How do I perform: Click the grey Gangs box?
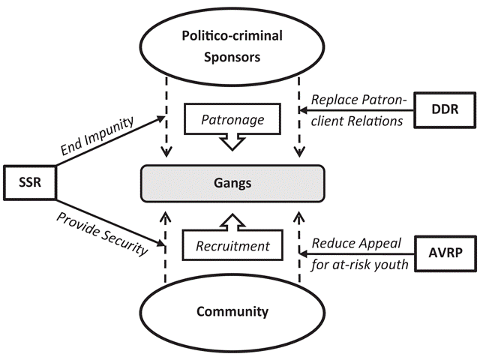(232, 181)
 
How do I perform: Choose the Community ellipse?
(232, 311)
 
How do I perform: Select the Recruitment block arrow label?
(232, 244)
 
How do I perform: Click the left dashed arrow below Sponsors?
(166, 120)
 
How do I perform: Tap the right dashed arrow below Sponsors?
(299, 120)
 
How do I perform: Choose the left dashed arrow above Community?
(166, 247)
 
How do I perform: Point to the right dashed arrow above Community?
(299, 247)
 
